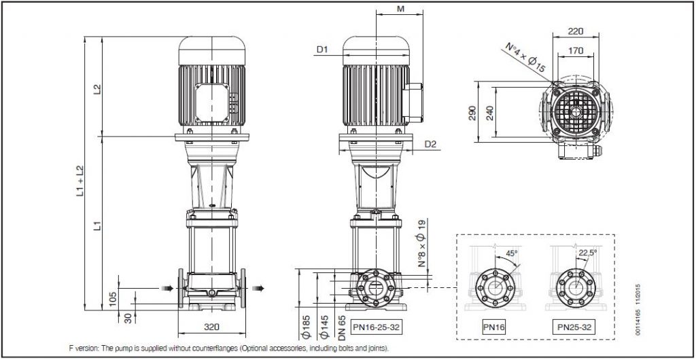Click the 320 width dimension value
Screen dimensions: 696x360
tap(212, 327)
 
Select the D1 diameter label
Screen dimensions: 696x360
tap(321, 50)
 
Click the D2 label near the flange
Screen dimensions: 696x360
tap(430, 144)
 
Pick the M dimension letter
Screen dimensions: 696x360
tap(400, 8)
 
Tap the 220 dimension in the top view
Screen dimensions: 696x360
tap(576, 31)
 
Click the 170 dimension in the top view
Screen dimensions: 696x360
tap(576, 50)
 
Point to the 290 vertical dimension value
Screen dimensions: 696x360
tap(472, 113)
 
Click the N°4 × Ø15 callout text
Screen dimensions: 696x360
tap(525, 58)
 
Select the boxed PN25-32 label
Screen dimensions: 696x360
tap(574, 327)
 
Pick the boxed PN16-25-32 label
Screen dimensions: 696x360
tap(377, 327)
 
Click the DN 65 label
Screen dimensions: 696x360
tap(342, 327)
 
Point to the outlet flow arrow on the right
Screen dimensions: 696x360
tap(258, 288)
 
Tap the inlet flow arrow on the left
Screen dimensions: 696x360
tap(167, 288)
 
